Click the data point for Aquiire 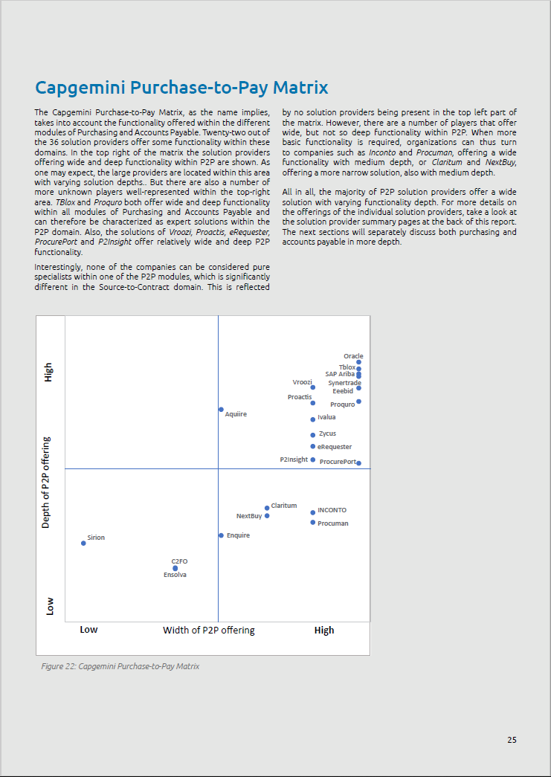click(221, 410)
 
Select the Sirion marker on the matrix click(83, 543)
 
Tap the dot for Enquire click(221, 535)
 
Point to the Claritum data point click(267, 509)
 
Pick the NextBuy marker click(267, 516)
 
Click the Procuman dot click(313, 523)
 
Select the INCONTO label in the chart click(332, 510)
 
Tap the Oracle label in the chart click(353, 356)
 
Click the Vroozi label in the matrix click(302, 381)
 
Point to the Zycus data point click(313, 435)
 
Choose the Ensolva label click(175, 575)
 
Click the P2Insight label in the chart click(294, 460)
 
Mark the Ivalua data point click(313, 419)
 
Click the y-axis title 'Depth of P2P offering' click(46, 483)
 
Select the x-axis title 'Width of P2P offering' click(208, 630)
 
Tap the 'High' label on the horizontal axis click(324, 630)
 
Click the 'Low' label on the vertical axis click(50, 606)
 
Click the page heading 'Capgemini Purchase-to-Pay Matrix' click(181, 88)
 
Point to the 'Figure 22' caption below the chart click(120, 666)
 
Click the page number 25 click(512, 740)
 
